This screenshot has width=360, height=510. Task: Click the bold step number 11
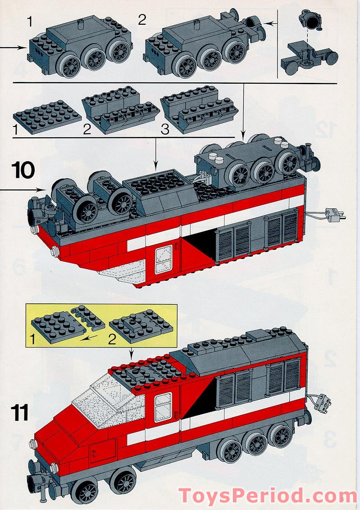pos(20,413)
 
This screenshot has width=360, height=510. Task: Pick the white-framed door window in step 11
pos(163,407)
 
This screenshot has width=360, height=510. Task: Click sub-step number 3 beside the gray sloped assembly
pos(165,130)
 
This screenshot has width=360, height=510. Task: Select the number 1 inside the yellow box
pos(32,338)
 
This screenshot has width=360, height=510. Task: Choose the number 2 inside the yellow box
pos(111,338)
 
